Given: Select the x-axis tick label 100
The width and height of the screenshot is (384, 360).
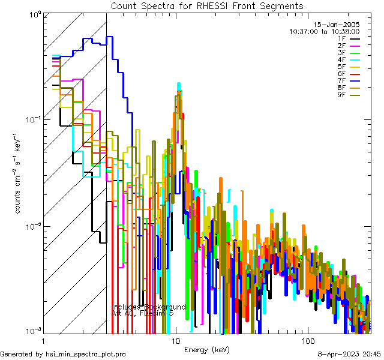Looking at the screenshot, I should (x=307, y=340).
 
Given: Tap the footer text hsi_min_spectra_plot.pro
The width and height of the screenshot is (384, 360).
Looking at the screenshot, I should (x=86, y=355).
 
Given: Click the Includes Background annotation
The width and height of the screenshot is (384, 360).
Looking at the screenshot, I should (x=149, y=307).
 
